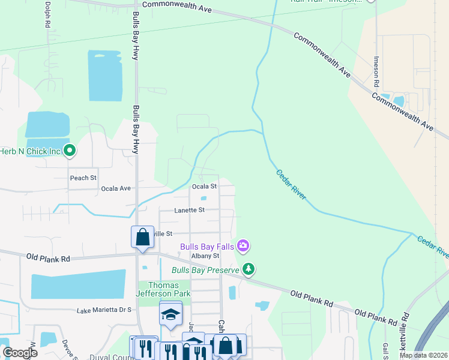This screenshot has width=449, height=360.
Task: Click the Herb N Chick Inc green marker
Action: pyautogui.click(x=70, y=151)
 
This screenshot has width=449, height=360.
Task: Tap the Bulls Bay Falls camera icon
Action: pyautogui.click(x=243, y=245)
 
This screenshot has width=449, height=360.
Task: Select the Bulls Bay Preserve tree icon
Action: pyautogui.click(x=247, y=269)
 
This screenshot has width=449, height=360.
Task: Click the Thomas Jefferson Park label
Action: pyautogui.click(x=164, y=289)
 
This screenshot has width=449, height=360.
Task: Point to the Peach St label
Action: pyautogui.click(x=83, y=178)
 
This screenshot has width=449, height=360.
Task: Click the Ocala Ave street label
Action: pyautogui.click(x=116, y=188)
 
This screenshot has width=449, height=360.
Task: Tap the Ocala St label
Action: pyautogui.click(x=204, y=187)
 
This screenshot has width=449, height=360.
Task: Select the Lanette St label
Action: pyautogui.click(x=190, y=210)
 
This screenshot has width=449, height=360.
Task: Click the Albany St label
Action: pyautogui.click(x=206, y=256)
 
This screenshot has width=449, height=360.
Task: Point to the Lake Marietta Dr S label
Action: pyautogui.click(x=104, y=310)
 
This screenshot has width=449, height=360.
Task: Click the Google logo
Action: pyautogui.click(x=20, y=352)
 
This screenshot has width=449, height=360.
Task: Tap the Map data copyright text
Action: pyautogui.click(x=423, y=355)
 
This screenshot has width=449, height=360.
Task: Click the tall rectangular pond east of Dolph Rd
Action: pyautogui.click(x=105, y=77)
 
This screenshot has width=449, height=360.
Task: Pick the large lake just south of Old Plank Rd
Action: pyautogui.click(x=78, y=284)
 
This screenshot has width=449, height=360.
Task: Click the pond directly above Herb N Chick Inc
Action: pyautogui.click(x=47, y=124)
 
